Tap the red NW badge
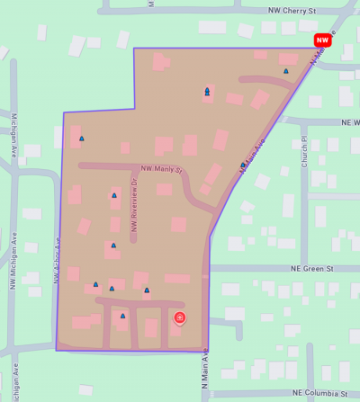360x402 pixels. (322, 40)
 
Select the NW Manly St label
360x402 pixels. (161, 168)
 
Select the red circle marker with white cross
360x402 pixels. (179, 317)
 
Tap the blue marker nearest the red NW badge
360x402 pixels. (286, 71)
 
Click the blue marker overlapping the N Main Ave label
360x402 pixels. (243, 165)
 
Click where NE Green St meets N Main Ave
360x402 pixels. (209, 268)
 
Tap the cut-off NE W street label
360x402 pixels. (349, 121)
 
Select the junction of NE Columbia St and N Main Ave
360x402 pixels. (209, 394)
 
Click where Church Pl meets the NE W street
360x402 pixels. (304, 121)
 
